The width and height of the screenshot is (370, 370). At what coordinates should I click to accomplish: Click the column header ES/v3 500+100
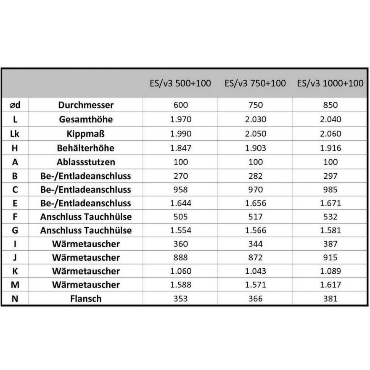click(180, 83)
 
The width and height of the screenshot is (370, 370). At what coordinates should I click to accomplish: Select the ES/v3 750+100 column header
click(255, 83)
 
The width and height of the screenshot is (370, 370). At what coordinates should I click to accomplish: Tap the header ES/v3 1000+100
click(330, 83)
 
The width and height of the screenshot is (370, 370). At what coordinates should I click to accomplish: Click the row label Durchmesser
click(86, 105)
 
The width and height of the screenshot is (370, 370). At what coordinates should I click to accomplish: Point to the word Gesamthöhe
click(86, 119)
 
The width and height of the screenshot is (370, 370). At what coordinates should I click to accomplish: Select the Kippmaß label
click(86, 134)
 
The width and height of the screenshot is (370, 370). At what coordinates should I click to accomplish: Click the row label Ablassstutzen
click(86, 162)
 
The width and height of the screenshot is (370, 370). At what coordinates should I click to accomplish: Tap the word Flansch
click(86, 299)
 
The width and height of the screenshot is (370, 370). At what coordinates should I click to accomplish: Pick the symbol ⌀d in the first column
click(15, 105)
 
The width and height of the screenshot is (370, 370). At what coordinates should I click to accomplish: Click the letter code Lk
click(15, 134)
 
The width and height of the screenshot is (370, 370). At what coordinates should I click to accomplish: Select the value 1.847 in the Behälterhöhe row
click(180, 148)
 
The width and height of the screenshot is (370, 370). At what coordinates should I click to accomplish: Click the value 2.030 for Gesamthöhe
click(255, 119)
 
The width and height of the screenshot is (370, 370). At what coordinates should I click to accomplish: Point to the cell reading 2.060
click(330, 134)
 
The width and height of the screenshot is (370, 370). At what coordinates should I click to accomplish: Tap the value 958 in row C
click(180, 189)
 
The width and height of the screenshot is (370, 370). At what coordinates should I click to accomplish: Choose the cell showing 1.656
click(255, 203)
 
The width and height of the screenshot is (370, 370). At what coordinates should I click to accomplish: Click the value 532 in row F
click(330, 217)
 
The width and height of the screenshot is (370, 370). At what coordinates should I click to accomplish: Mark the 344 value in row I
click(255, 244)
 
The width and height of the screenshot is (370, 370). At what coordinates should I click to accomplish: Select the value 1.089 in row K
click(330, 271)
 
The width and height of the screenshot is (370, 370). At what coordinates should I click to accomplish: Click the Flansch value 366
click(255, 299)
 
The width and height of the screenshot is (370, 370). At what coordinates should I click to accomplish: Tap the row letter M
click(15, 285)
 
